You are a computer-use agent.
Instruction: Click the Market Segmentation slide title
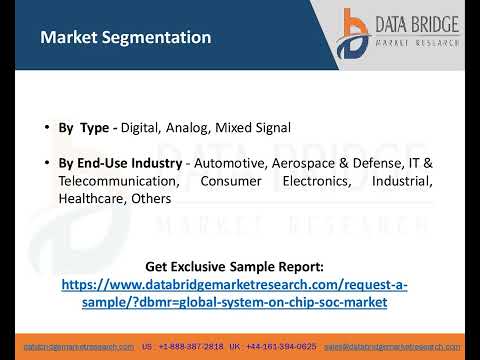pyautogui.click(x=125, y=38)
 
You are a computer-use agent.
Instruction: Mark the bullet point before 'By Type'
pyautogui.click(x=46, y=128)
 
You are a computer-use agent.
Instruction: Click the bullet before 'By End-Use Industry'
pyautogui.click(x=46, y=163)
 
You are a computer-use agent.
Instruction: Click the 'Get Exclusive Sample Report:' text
pyautogui.click(x=235, y=267)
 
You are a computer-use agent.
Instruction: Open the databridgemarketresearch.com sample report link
pyautogui.click(x=235, y=293)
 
